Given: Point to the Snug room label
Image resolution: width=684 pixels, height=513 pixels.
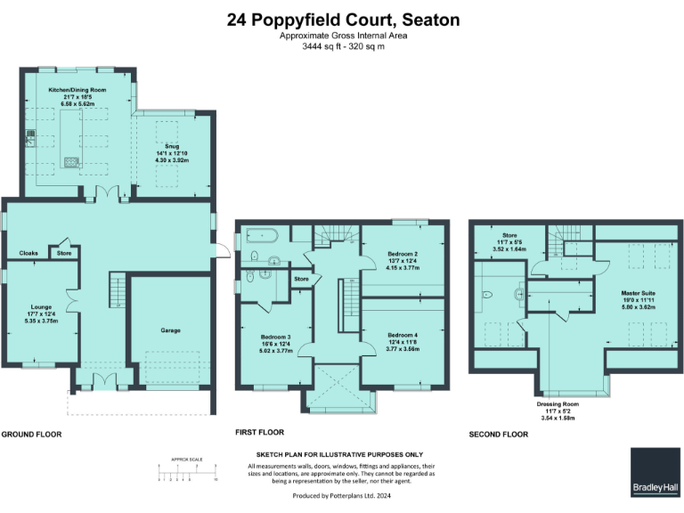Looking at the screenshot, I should coord(171,145).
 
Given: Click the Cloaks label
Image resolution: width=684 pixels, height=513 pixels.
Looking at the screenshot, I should coord(28,254).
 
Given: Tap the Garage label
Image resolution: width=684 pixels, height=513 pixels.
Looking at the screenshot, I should coord(170,330).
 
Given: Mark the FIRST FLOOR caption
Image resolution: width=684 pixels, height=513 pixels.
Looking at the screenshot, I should coord(259,432).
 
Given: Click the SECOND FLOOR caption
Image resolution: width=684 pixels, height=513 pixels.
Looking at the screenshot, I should coord(499,435).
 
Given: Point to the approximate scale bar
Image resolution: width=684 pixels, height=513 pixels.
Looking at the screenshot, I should coord(188,471).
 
